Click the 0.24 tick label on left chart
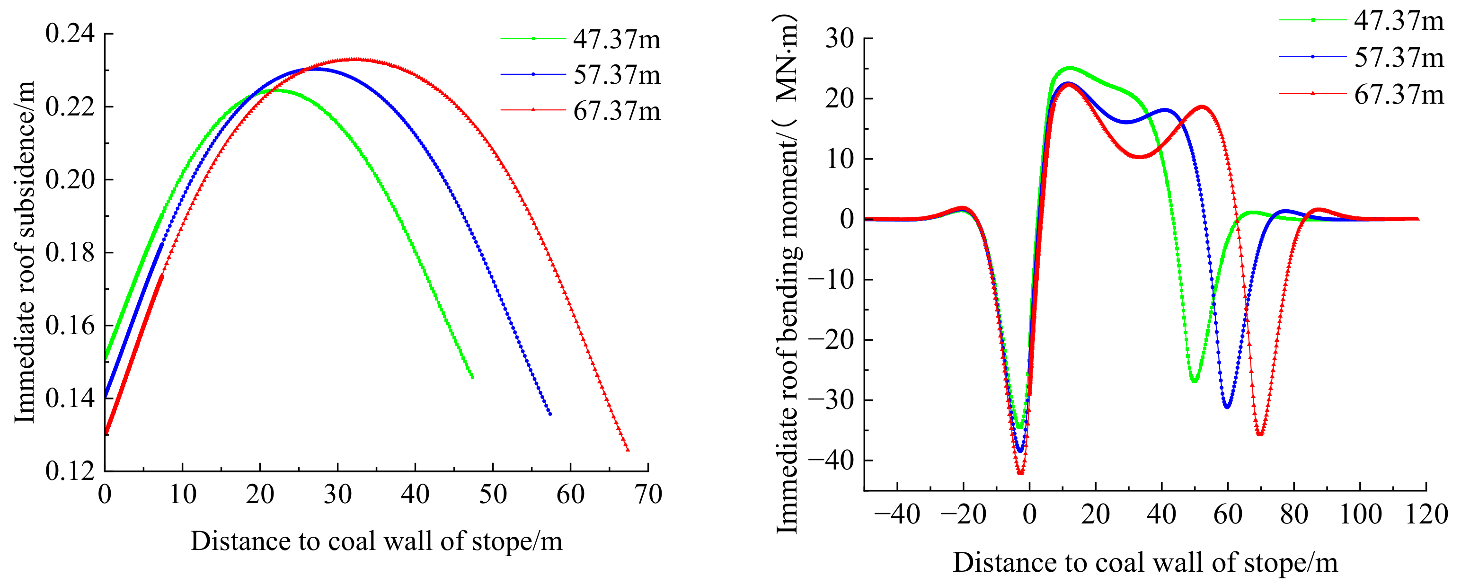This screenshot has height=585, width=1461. click(x=70, y=34)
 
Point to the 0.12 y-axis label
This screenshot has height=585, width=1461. click(x=70, y=471)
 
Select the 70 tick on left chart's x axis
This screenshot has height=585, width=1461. click(x=648, y=495)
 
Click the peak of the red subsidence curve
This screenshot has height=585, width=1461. click(x=354, y=59)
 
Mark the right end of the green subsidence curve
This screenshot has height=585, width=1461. click(x=472, y=377)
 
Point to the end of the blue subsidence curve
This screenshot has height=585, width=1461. click(x=549, y=414)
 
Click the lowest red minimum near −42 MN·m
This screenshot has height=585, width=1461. click(x=1020, y=472)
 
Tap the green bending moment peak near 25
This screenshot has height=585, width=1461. click(x=1069, y=68)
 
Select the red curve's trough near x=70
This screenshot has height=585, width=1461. click(x=1260, y=434)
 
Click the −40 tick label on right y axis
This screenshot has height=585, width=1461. click(x=831, y=460)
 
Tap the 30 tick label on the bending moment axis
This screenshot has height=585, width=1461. click(x=840, y=39)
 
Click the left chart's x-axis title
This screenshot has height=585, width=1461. click(x=376, y=541)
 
